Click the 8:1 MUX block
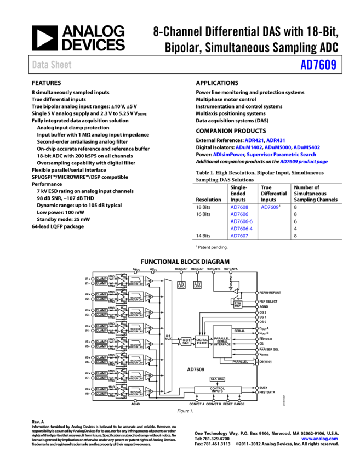coord(168,336)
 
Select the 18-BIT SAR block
coord(186,342)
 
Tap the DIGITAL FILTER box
coord(202,342)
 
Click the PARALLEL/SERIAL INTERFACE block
coord(222,342)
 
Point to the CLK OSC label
coord(218,379)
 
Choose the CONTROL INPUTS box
coord(218,390)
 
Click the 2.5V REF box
coord(238,304)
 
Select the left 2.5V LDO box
coord(181,285)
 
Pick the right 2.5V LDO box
coord(197,285)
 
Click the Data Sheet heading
coord(52,65)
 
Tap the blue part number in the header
coord(318,65)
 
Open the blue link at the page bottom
coord(319,439)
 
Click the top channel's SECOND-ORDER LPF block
coord(136,281)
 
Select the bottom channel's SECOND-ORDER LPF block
coord(136,391)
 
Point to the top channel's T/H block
coord(148,281)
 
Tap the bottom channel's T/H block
coord(148,391)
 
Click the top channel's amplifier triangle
coord(121,281)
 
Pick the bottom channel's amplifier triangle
coord(121,391)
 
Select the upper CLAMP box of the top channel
coord(101,279)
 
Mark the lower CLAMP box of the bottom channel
coord(101,394)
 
